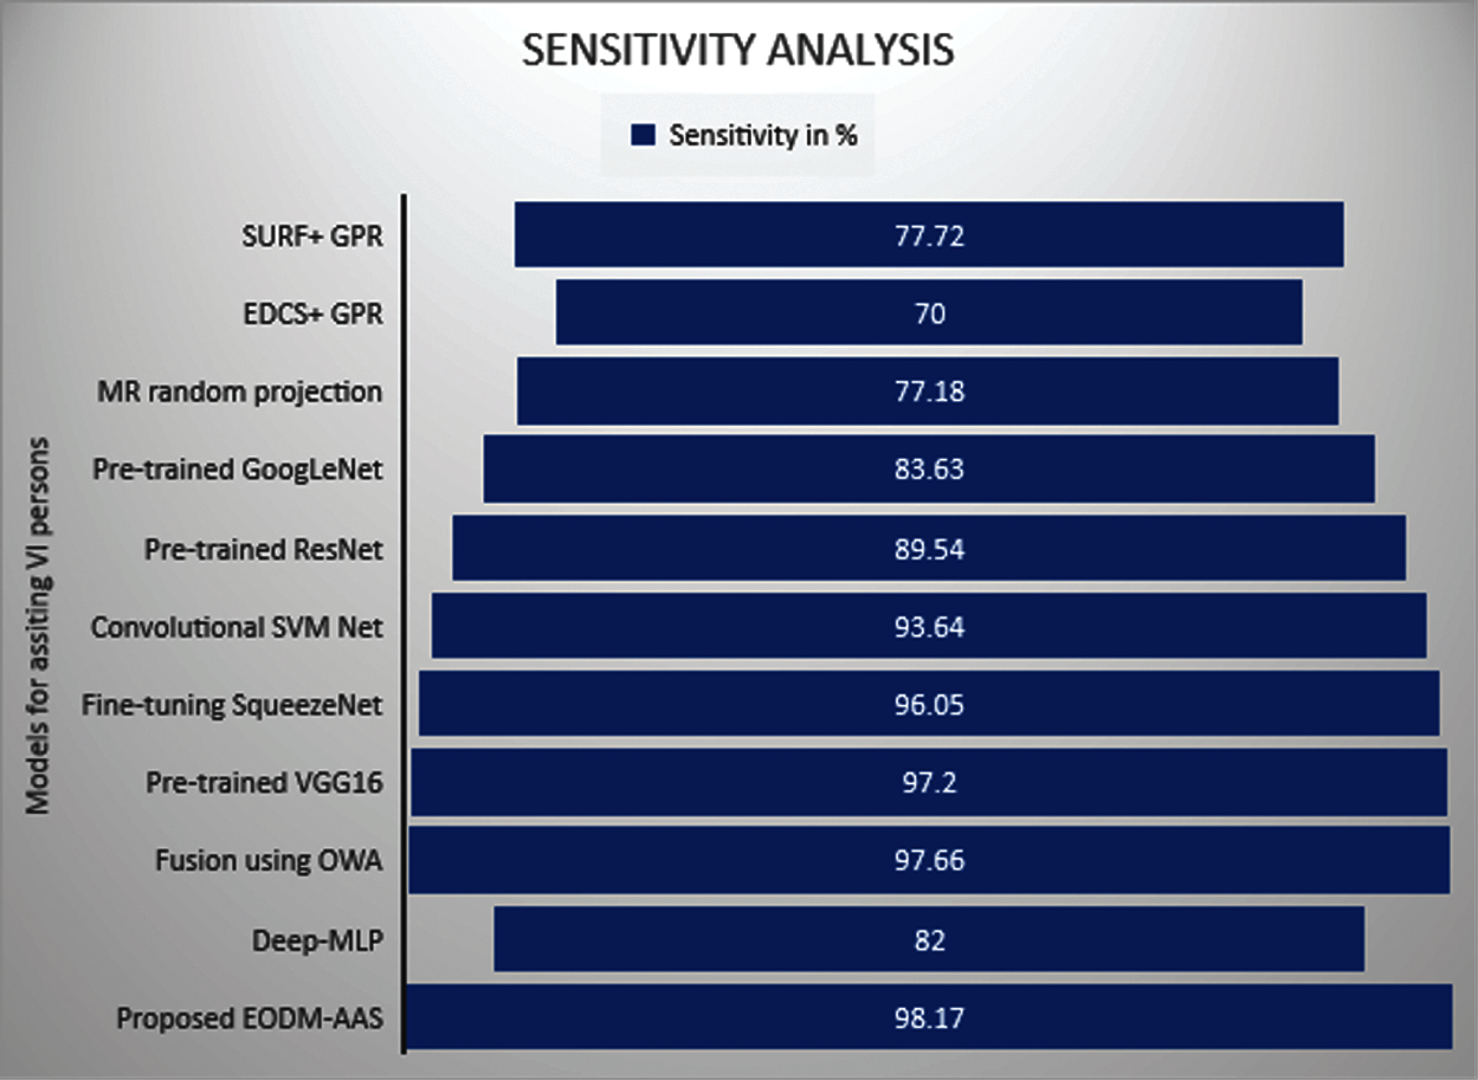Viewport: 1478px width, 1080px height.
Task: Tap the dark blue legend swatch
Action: (643, 135)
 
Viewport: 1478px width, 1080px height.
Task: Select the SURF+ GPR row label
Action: (312, 236)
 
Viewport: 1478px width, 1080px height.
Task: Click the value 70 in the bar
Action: (930, 314)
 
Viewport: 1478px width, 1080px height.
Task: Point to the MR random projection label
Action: (240, 392)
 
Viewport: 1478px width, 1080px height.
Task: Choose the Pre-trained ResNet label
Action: (263, 549)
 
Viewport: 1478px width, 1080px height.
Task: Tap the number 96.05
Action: (930, 705)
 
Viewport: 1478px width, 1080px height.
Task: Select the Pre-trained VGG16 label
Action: (263, 782)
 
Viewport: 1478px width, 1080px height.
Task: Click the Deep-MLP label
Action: (317, 941)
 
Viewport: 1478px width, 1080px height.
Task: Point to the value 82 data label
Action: (930, 941)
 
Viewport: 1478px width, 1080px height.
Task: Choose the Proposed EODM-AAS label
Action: (249, 1018)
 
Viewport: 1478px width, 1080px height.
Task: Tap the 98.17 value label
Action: (930, 1018)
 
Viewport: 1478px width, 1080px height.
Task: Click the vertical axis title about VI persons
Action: (38, 626)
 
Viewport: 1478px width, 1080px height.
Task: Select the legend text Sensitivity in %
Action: (763, 135)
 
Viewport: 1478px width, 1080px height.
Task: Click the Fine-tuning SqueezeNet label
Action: (231, 705)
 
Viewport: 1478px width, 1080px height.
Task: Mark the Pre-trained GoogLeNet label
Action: (237, 470)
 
